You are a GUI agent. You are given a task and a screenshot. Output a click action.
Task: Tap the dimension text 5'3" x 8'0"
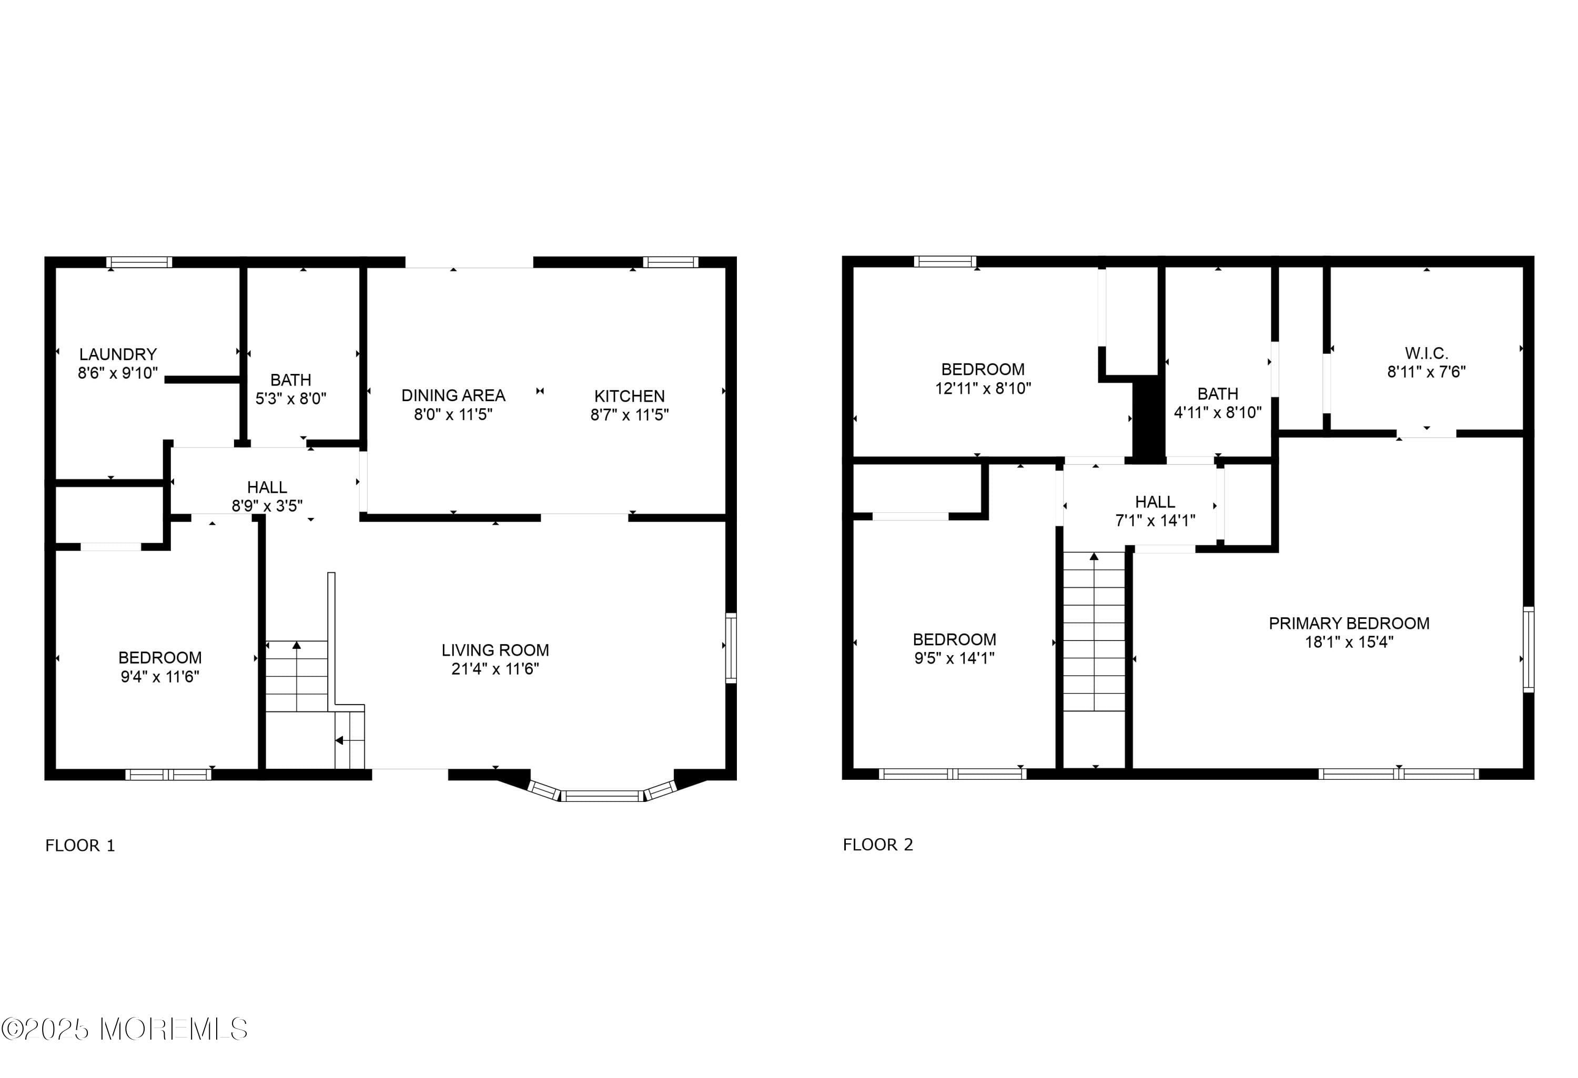(290, 399)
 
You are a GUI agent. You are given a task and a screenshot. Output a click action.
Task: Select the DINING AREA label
(453, 395)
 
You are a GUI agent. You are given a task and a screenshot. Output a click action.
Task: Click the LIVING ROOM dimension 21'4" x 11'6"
(495, 669)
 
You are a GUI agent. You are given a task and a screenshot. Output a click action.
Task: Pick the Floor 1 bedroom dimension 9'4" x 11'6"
(159, 676)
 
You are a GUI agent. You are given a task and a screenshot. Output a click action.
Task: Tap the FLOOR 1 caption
(80, 845)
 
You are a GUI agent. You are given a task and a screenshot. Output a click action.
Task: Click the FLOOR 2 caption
(877, 845)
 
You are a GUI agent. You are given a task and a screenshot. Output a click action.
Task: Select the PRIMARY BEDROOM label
(1349, 623)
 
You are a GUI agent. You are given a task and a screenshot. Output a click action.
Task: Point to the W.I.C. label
(1426, 353)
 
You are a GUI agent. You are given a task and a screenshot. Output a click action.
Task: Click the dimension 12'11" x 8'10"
(983, 388)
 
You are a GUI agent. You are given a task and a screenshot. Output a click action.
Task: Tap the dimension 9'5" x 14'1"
(954, 658)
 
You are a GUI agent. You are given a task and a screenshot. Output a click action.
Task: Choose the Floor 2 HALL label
(1154, 502)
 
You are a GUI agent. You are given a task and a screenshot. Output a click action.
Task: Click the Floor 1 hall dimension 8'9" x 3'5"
(267, 506)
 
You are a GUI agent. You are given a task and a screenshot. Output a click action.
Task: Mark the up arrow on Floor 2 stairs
(1093, 557)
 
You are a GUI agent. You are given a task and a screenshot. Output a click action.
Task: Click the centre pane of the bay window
(602, 796)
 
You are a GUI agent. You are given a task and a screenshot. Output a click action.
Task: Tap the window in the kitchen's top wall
(670, 262)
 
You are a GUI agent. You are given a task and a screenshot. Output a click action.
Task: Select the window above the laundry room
(139, 262)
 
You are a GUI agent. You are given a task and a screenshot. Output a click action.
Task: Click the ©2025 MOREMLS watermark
(124, 1030)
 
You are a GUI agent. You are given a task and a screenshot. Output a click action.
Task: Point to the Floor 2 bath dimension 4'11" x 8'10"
(1218, 412)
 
